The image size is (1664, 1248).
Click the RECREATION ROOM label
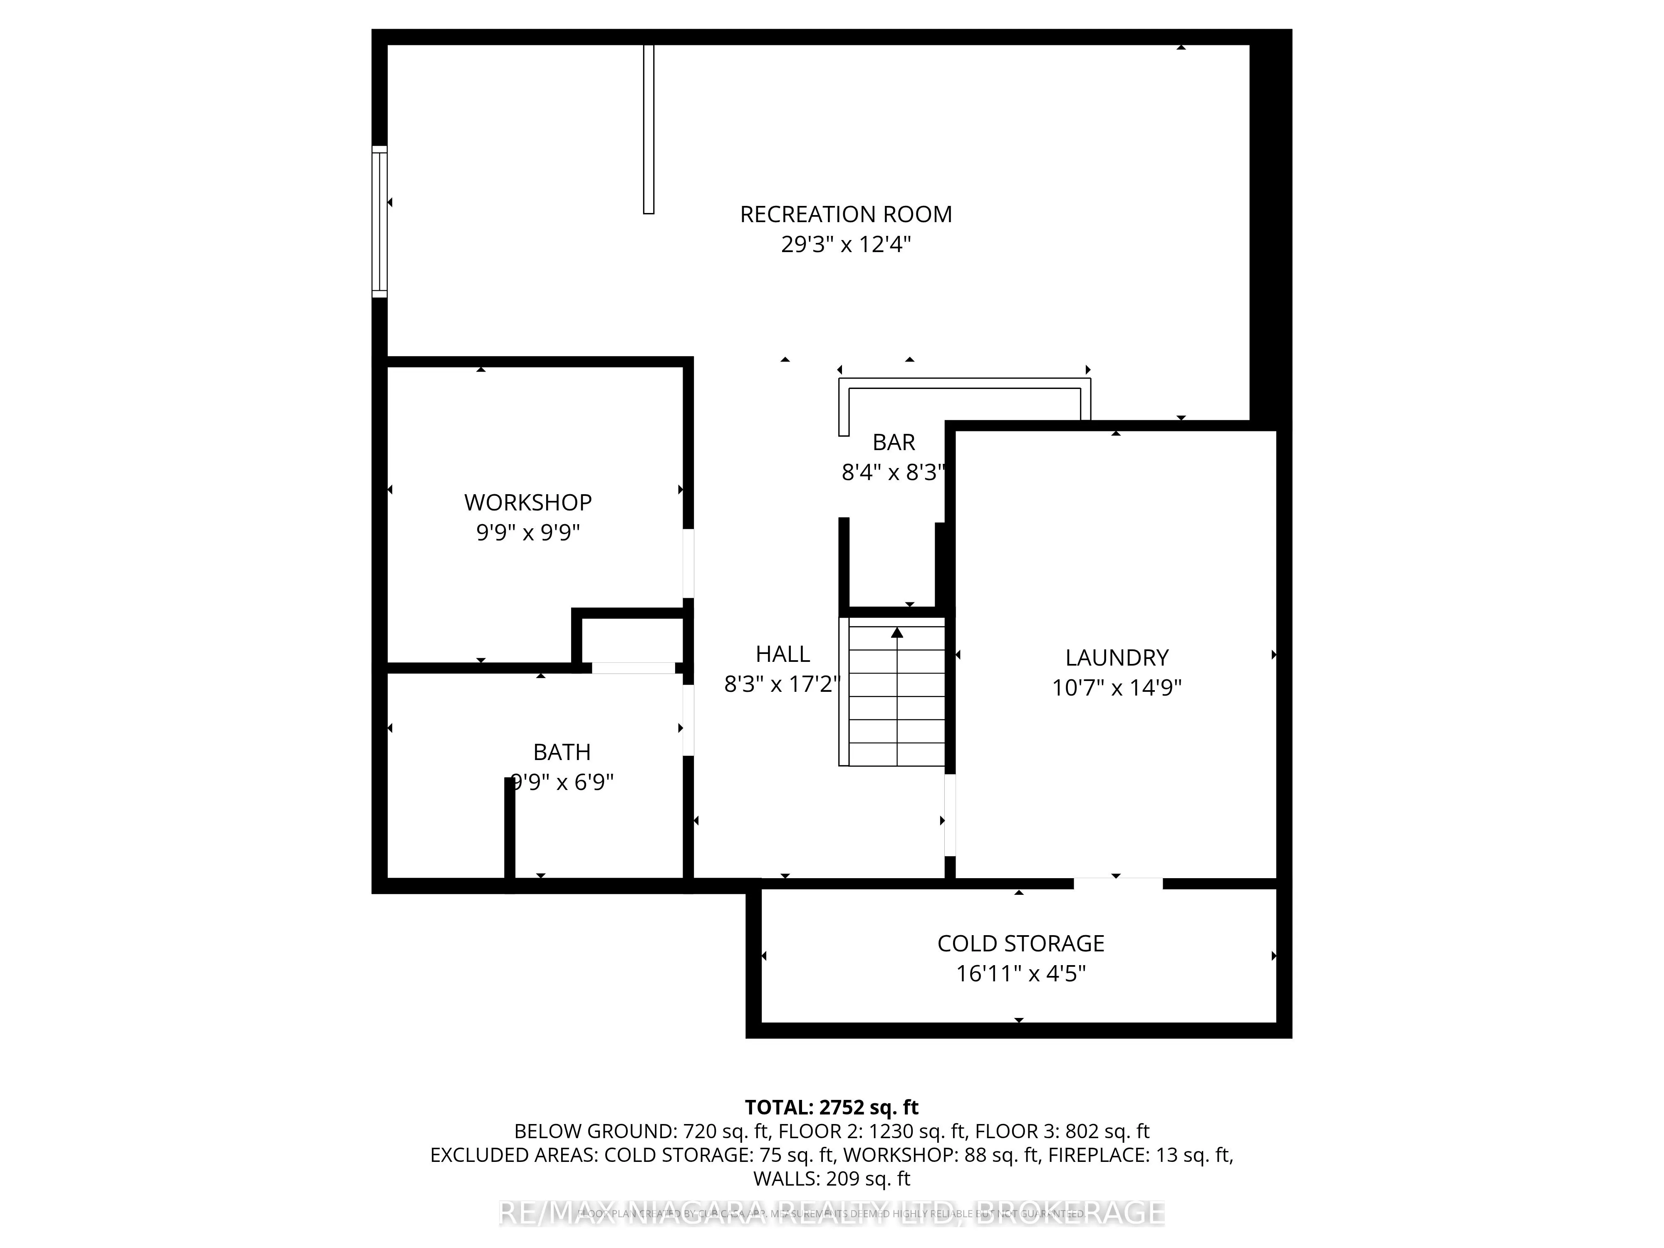(x=846, y=214)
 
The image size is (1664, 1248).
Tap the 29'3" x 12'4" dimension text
(x=846, y=245)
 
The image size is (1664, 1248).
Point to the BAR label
(x=894, y=442)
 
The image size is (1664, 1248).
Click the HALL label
(x=782, y=654)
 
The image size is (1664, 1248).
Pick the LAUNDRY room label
(x=1117, y=657)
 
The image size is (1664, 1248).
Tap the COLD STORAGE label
(x=1020, y=943)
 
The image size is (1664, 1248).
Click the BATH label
(x=562, y=752)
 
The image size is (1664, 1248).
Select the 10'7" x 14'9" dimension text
(x=1117, y=688)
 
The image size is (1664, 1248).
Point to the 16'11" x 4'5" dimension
(x=1020, y=973)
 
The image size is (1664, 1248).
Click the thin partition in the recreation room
(x=649, y=129)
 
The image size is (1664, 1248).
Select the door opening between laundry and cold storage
(x=1118, y=883)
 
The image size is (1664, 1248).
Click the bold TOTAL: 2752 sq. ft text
(x=831, y=1107)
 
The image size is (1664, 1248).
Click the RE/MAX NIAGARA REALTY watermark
(x=831, y=1213)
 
